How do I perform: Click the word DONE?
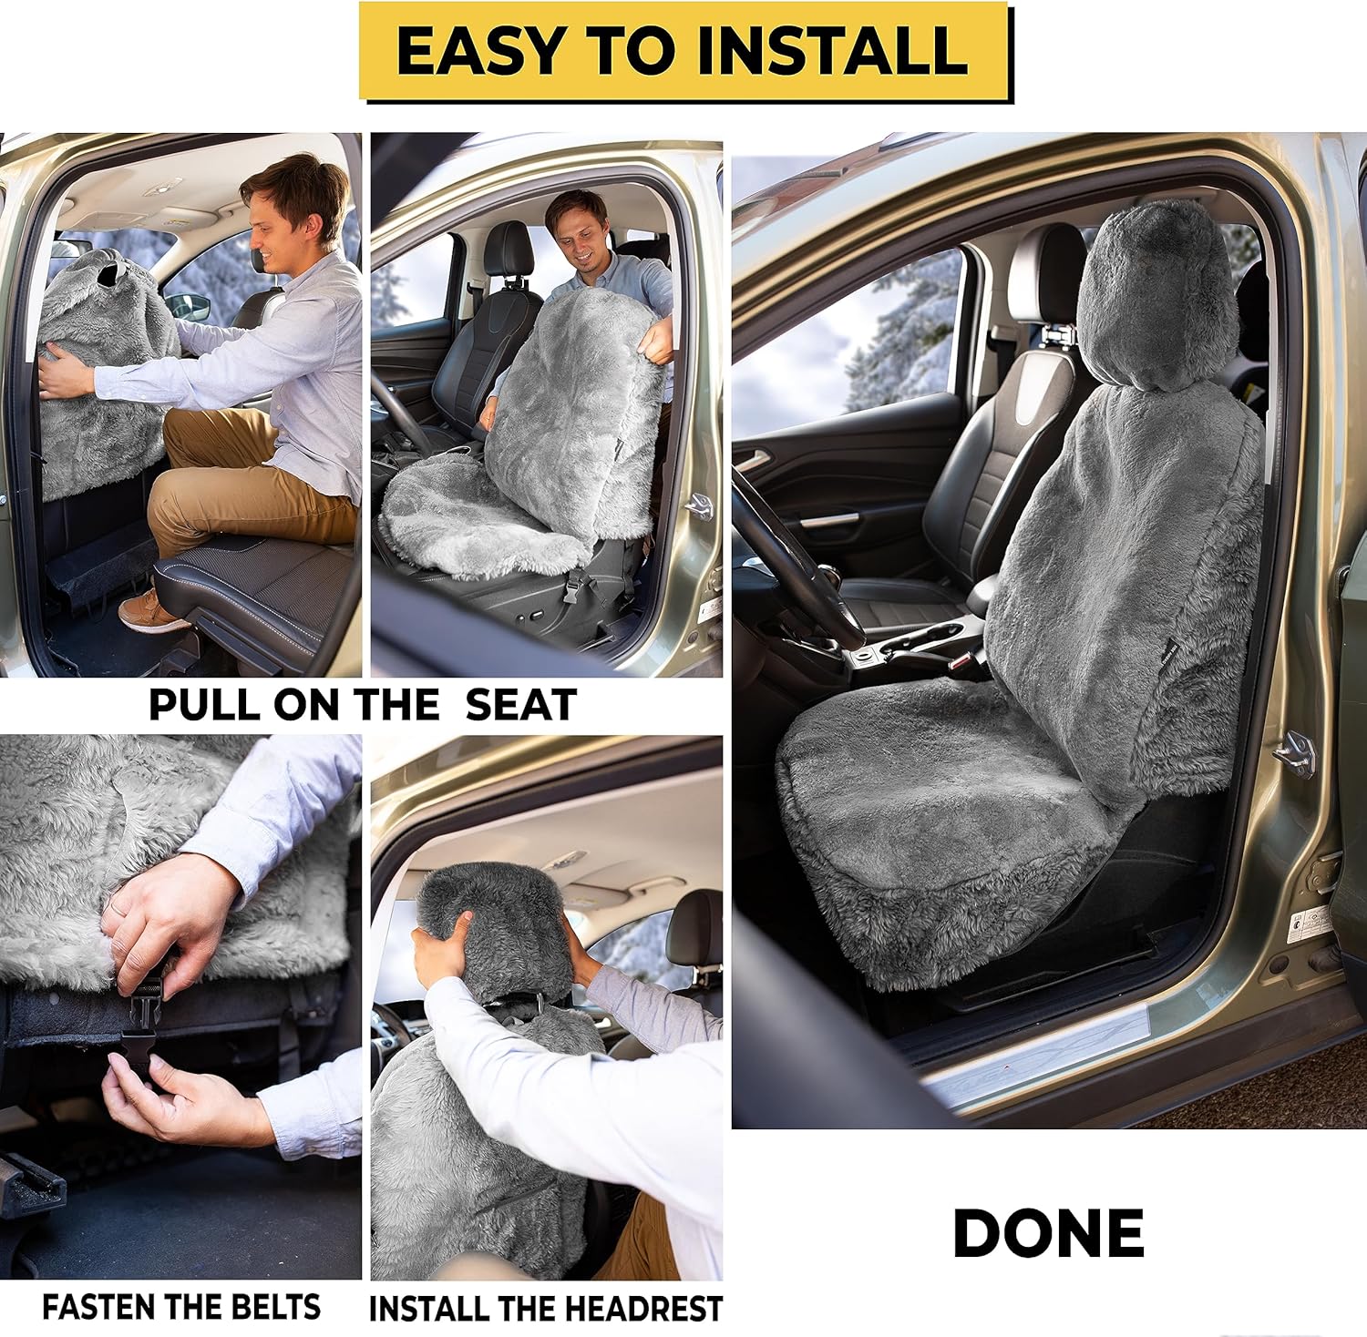click(1048, 1234)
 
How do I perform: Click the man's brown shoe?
click(150, 610)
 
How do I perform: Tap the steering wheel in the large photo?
click(793, 556)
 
